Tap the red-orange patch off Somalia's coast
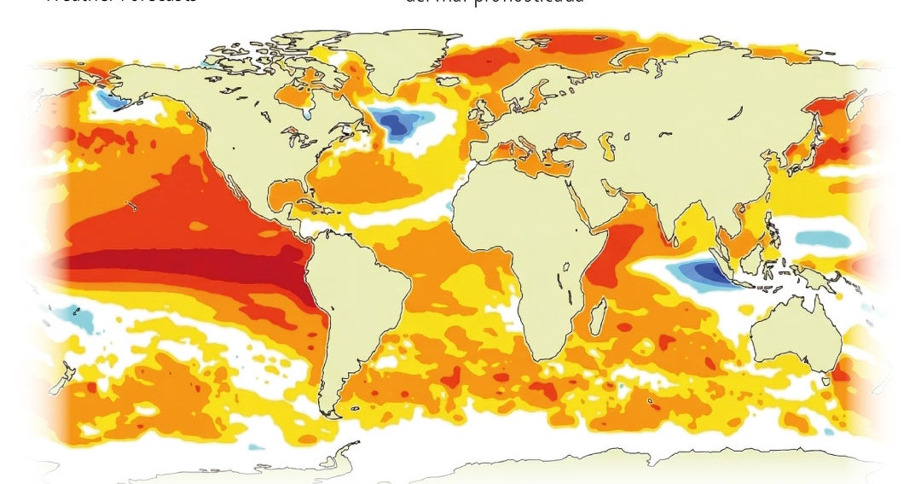tap(607, 256)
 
